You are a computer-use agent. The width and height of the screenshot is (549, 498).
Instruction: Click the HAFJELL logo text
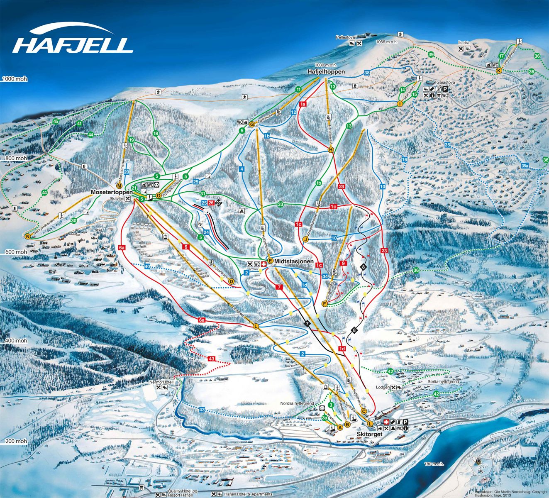(x=73, y=45)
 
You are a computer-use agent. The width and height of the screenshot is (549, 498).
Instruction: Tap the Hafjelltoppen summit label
(x=327, y=72)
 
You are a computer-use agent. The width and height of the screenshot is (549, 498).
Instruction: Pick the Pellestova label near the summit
(x=346, y=37)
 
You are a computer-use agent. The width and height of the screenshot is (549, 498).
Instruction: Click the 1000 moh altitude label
(x=15, y=79)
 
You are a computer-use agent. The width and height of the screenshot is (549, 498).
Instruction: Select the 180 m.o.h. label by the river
(x=434, y=464)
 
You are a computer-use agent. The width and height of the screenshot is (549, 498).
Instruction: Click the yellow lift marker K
(x=499, y=71)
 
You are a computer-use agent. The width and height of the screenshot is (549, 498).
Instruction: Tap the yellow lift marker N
(x=28, y=237)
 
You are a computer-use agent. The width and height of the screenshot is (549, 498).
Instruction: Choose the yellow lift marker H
(x=331, y=150)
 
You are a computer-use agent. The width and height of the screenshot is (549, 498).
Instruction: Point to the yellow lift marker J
(x=306, y=239)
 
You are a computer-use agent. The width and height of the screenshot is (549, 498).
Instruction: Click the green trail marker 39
(x=431, y=55)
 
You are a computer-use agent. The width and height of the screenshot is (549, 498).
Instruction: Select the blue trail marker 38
(x=367, y=73)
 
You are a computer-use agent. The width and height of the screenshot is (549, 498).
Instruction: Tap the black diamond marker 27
(x=219, y=203)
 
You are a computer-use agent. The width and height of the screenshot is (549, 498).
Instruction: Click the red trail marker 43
(x=212, y=359)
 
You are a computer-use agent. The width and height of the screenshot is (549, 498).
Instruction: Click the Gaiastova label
(x=446, y=83)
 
